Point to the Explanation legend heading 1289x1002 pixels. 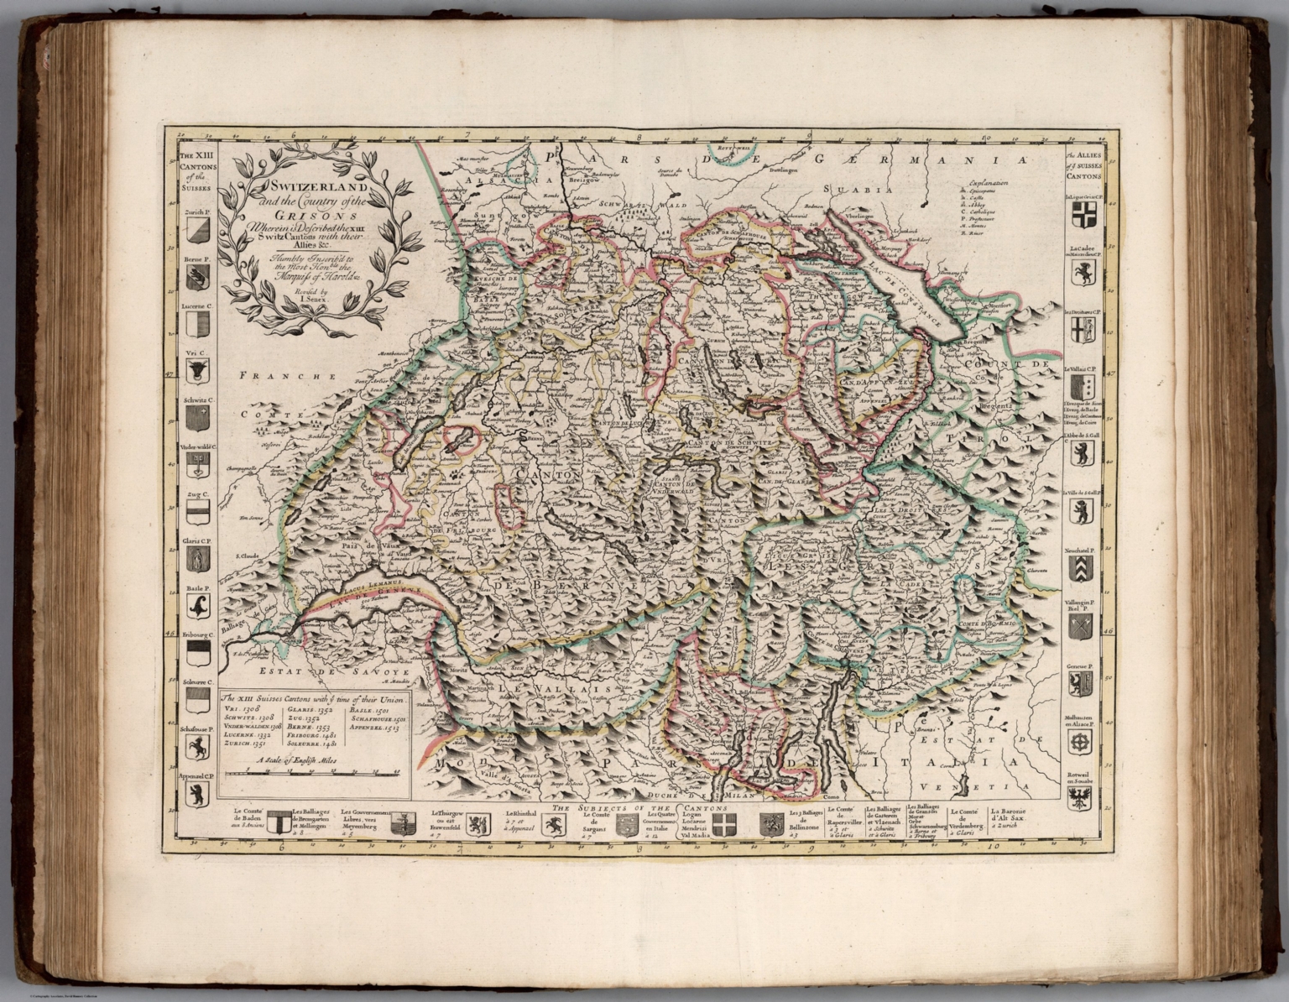click(x=987, y=182)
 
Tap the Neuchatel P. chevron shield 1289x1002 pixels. click(x=1080, y=568)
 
